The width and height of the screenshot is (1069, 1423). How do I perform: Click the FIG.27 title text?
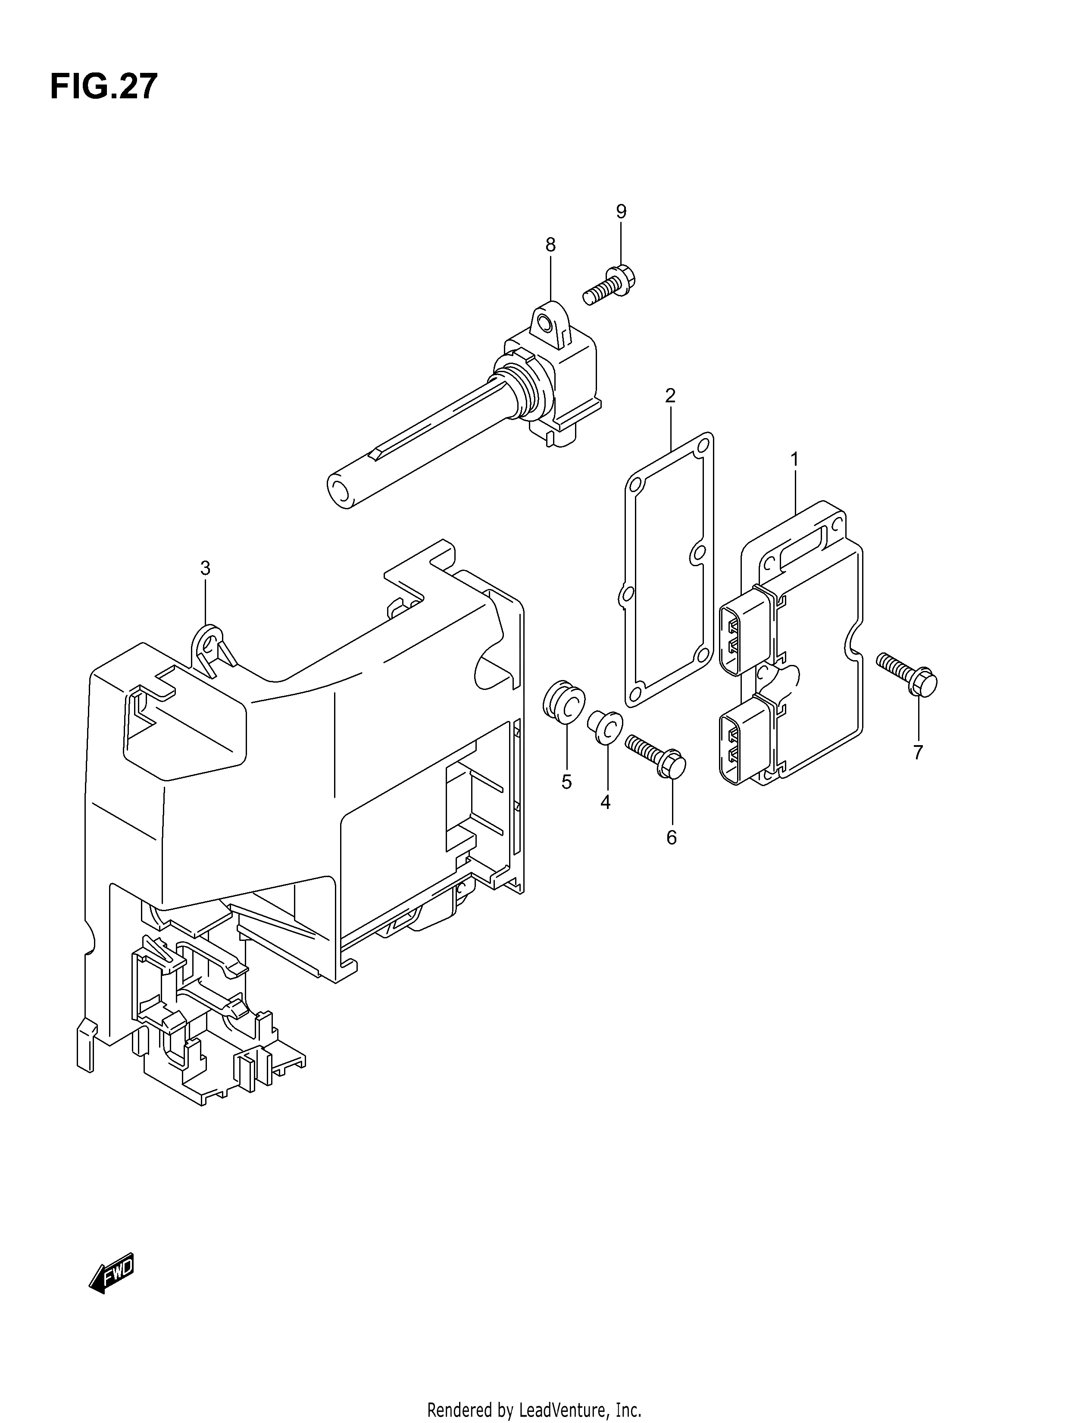coord(103,87)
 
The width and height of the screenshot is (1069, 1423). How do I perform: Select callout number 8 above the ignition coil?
coord(550,244)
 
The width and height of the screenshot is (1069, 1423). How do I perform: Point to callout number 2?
coord(670,395)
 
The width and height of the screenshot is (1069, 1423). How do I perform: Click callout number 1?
coord(795,459)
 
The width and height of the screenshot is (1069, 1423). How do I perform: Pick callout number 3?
coord(205,568)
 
